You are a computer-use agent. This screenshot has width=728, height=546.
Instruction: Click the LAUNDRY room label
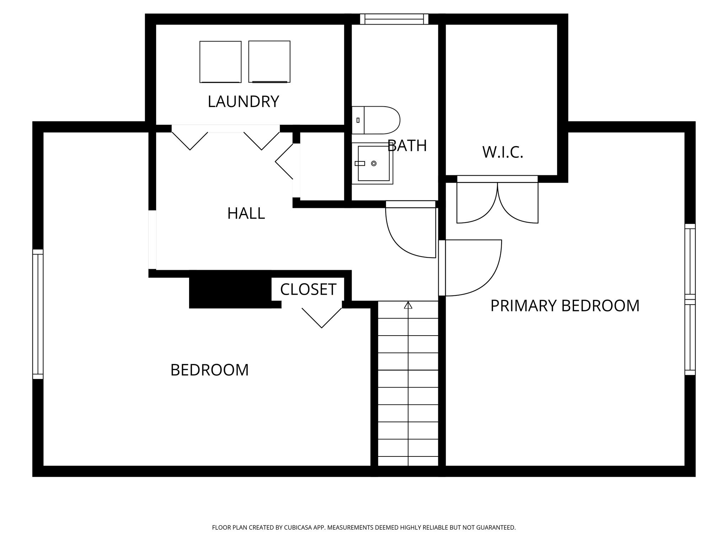pos(243,102)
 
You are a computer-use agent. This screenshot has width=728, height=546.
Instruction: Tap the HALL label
pos(246,213)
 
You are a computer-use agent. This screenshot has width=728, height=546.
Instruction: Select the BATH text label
pos(407,146)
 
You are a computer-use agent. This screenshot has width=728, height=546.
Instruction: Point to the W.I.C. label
pos(503,152)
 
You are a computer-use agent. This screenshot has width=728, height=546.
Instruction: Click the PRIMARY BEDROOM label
pos(565,306)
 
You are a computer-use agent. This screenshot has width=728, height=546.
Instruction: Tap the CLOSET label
pos(308,289)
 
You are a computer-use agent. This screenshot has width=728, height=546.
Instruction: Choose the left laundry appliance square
pos(220,62)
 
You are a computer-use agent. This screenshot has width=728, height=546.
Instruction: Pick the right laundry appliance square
pos(269,61)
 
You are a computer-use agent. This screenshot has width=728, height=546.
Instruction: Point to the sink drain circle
pos(374,164)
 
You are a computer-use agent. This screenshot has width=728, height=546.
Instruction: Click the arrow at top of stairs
pos(408,305)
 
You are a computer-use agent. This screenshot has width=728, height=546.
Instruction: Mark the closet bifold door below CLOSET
pos(322,318)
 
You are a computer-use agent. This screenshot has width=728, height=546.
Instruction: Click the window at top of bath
pos(394,19)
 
